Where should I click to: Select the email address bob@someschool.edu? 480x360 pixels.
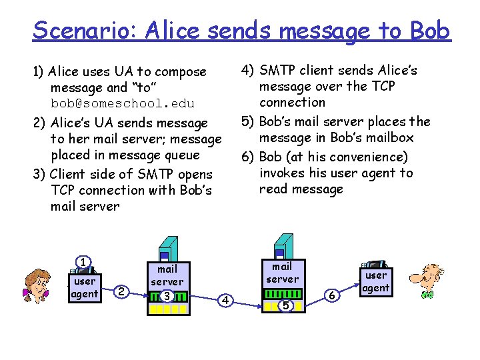(123, 103)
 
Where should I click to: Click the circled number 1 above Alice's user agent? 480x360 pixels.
(83, 262)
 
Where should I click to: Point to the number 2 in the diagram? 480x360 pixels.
(121, 291)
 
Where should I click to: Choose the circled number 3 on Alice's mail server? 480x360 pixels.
(167, 295)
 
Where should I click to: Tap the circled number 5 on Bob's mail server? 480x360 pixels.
(284, 305)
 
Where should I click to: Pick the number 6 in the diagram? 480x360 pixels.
(333, 295)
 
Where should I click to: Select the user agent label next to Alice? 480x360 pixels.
(85, 287)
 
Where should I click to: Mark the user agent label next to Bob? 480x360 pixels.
(376, 281)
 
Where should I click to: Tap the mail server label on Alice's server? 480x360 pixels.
(167, 275)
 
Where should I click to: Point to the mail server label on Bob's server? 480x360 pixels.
(283, 273)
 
